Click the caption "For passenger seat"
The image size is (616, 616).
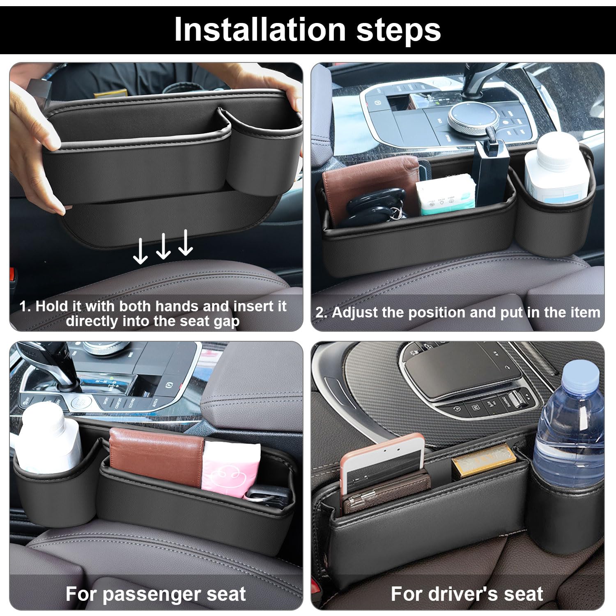point(156,594)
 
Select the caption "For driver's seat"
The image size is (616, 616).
point(467,594)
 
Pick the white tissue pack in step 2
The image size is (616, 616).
point(446,193)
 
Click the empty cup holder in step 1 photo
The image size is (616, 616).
point(263,131)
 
